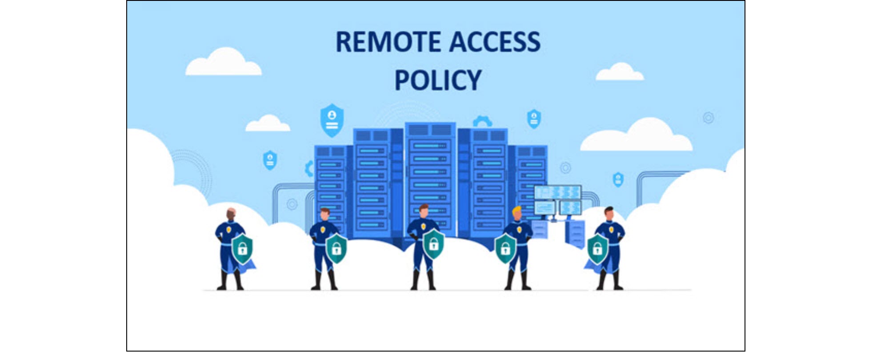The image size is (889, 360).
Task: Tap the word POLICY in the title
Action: [438, 80]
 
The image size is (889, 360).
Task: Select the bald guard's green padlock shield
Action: [242, 248]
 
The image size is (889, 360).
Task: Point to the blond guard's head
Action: [517, 212]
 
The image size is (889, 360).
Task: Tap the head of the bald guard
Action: [231, 214]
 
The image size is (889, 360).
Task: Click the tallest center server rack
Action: [430, 178]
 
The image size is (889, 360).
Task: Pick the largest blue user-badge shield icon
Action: [332, 120]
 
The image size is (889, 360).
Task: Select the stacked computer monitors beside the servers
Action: [557, 200]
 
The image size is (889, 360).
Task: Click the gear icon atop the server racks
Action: [482, 121]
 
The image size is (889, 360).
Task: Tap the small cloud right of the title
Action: [620, 72]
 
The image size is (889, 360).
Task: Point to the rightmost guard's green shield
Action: [597, 248]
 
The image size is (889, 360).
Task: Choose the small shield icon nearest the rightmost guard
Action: [618, 179]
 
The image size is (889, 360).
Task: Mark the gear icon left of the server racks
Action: [309, 169]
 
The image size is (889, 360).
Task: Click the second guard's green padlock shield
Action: [336, 248]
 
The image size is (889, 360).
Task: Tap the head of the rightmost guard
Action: [609, 213]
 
